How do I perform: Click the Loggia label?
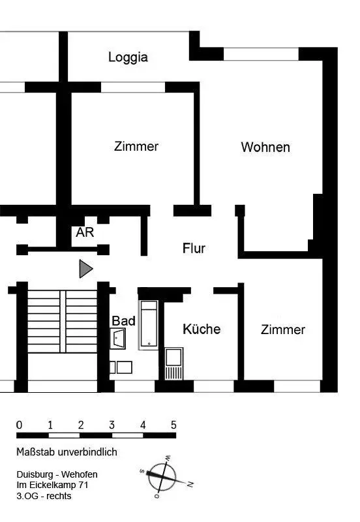[128, 57]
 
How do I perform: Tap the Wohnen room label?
[265, 147]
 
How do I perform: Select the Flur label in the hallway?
[194, 249]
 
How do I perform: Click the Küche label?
[202, 330]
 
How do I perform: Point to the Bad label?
[123, 321]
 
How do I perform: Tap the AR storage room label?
[85, 232]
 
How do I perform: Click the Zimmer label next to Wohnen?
[136, 146]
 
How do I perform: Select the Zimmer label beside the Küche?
[283, 330]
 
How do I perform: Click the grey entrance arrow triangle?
[85, 269]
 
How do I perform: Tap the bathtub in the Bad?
[149, 325]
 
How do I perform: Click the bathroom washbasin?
[118, 339]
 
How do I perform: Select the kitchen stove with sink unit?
[173, 363]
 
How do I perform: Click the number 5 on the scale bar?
[173, 425]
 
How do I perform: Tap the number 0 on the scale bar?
[20, 425]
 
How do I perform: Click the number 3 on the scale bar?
[112, 425]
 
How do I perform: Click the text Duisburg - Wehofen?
[57, 474]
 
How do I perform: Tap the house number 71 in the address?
[83, 485]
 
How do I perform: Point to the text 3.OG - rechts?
[44, 496]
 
